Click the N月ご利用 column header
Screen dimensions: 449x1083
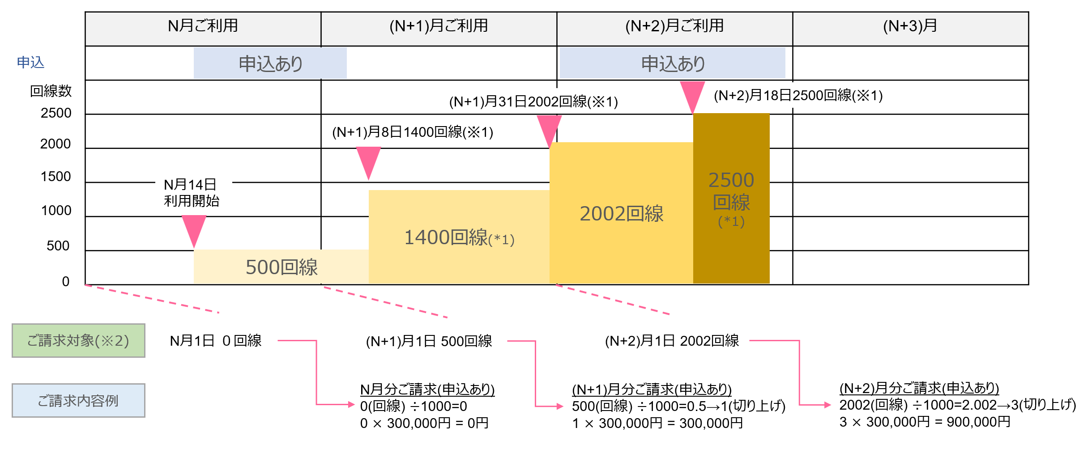coord(203,26)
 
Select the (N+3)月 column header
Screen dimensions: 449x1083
coord(910,26)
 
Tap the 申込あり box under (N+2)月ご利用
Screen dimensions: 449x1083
coord(672,64)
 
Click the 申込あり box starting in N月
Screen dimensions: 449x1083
coord(270,64)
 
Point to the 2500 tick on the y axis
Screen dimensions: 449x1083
coord(56,113)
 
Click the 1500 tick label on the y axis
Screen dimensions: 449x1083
coord(55,177)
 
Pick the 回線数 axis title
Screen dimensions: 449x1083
coord(51,91)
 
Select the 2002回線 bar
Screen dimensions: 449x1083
coord(621,213)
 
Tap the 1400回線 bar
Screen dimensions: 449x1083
coord(459,237)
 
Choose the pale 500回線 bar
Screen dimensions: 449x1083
coord(281,267)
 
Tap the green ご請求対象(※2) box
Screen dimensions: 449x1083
coord(78,341)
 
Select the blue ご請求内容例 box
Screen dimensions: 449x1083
coord(78,401)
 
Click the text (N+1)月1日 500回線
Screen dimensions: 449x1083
coord(429,341)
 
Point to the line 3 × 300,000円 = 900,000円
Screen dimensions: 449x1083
coord(925,422)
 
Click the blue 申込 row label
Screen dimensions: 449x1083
coord(30,62)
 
